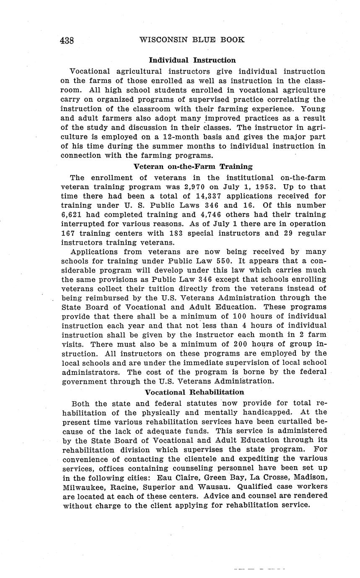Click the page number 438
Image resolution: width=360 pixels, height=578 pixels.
pos(67,40)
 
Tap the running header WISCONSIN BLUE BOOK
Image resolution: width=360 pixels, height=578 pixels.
pos(192,40)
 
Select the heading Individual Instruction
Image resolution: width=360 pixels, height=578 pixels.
pos(192,60)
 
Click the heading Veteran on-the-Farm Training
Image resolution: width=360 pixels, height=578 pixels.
pos(193,166)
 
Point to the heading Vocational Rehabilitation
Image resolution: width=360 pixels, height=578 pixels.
pos(194,392)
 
